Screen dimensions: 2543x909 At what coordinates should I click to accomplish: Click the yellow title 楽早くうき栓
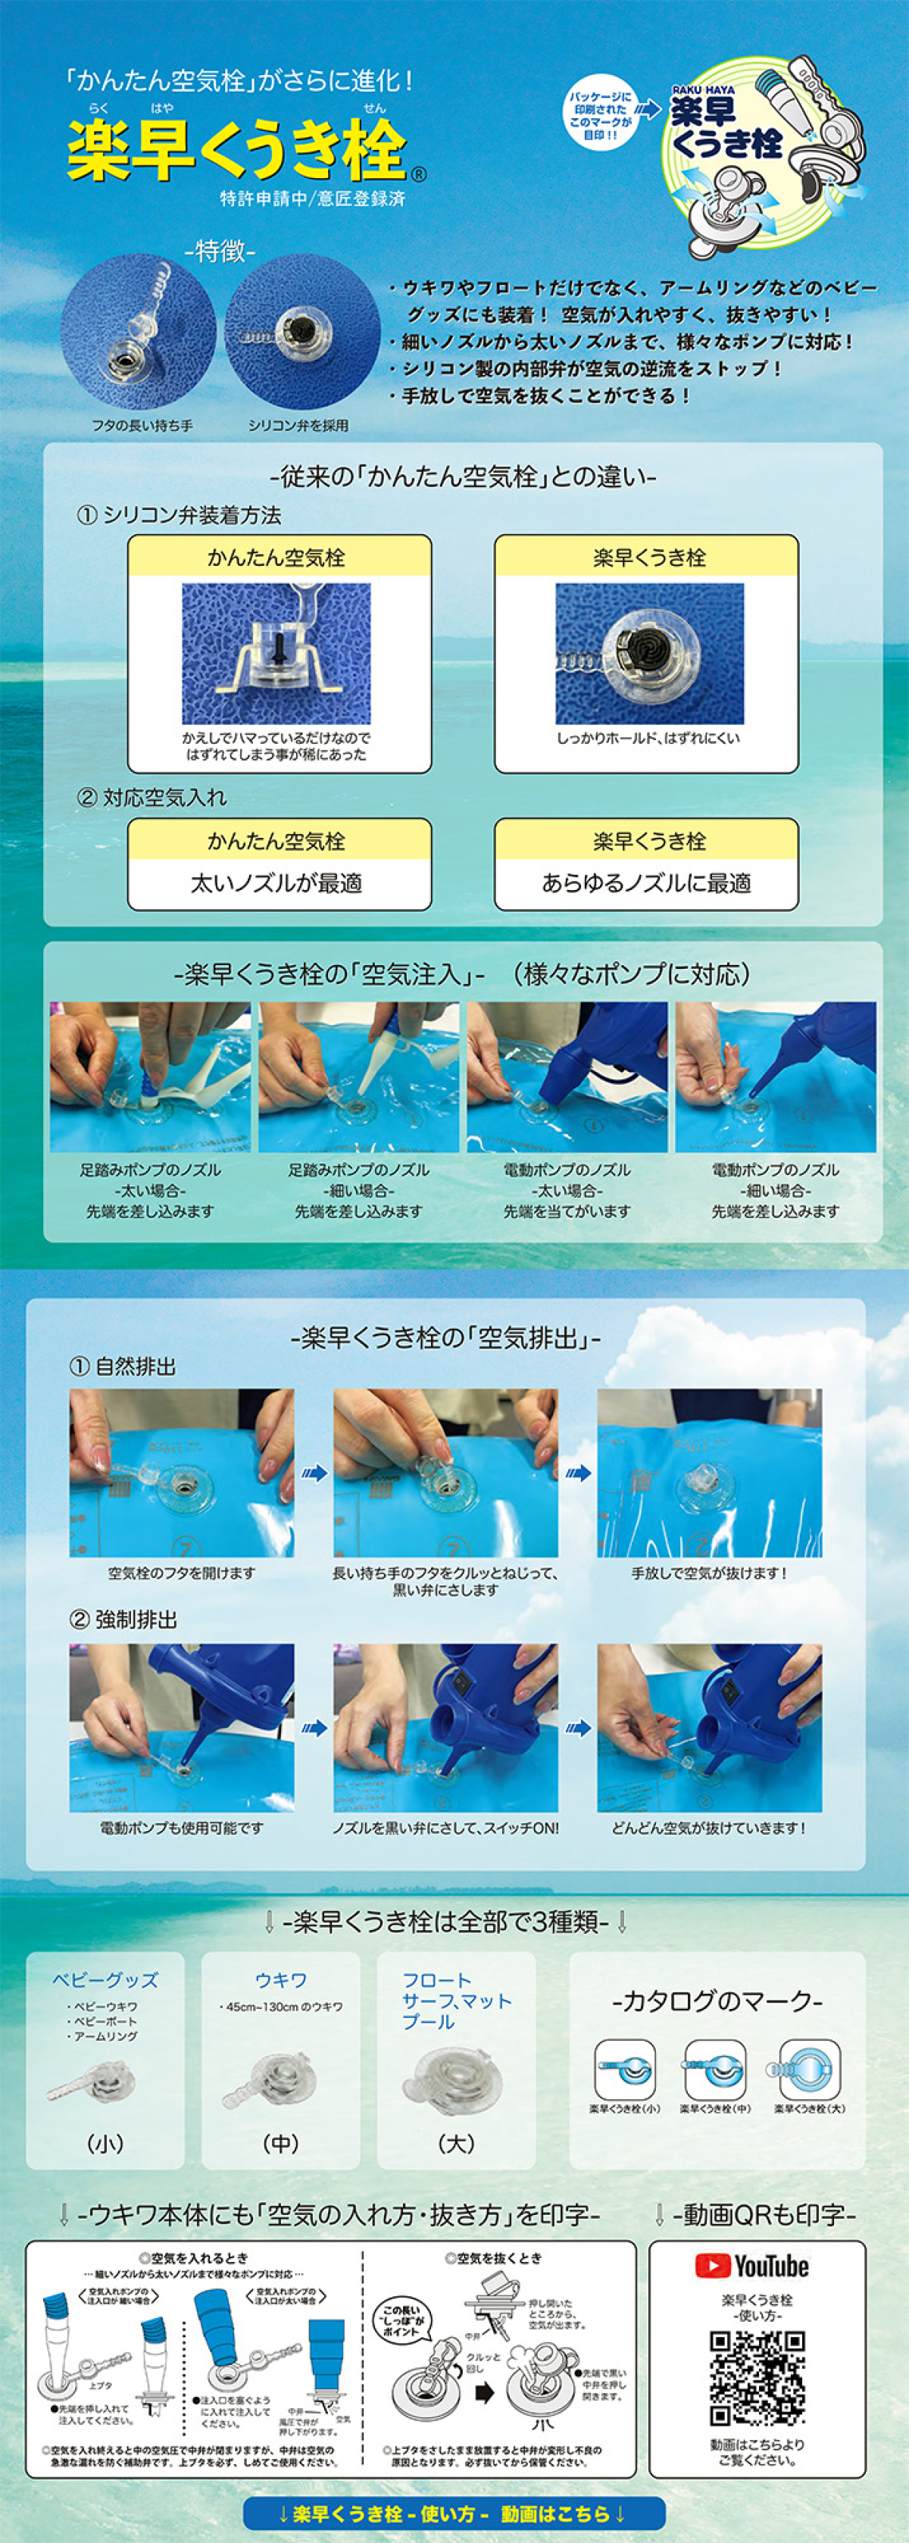pyautogui.click(x=237, y=151)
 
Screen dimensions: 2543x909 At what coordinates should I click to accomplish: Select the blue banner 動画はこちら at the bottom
pyautogui.click(x=454, y=2513)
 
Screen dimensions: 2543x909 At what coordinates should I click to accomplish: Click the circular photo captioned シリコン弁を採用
pyautogui.click(x=301, y=332)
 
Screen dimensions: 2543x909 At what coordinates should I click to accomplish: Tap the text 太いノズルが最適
pyautogui.click(x=277, y=883)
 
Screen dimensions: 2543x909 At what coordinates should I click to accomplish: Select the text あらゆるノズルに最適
pyautogui.click(x=646, y=883)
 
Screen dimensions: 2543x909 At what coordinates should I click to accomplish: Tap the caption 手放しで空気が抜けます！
pyautogui.click(x=710, y=1573)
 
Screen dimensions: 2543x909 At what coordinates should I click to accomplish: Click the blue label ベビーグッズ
pyautogui.click(x=105, y=1980)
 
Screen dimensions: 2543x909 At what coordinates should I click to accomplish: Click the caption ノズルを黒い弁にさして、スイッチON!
pyautogui.click(x=445, y=1828)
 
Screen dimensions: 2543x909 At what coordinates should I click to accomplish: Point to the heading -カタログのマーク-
pyautogui.click(x=717, y=2002)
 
